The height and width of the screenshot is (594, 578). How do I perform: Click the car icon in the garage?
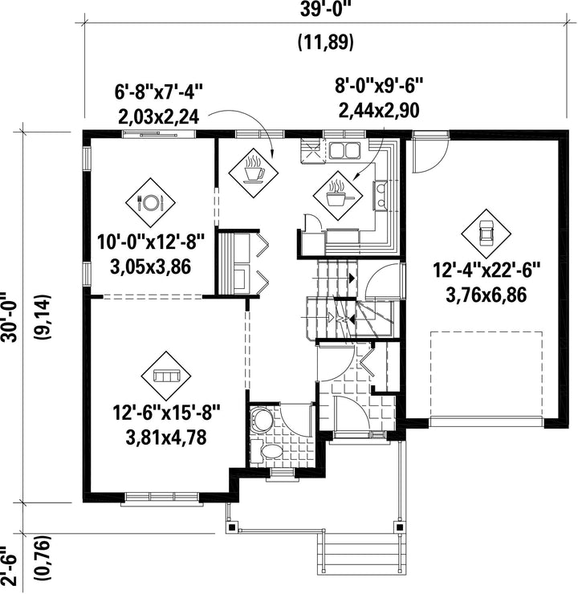[486, 233]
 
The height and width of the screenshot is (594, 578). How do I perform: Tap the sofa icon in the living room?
[166, 376]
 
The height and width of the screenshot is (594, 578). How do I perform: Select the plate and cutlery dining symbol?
[151, 202]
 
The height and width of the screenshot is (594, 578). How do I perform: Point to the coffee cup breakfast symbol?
[253, 173]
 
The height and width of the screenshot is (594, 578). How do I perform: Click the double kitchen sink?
[344, 150]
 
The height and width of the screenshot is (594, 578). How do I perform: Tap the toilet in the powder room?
[268, 451]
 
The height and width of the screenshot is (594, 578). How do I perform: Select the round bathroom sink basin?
[263, 419]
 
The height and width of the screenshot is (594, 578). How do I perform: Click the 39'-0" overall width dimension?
[324, 10]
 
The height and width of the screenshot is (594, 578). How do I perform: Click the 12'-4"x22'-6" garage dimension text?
[486, 271]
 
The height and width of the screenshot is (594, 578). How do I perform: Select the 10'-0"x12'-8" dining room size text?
[151, 242]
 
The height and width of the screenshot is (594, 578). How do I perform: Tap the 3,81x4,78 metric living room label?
[166, 438]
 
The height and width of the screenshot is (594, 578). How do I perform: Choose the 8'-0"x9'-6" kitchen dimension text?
[379, 87]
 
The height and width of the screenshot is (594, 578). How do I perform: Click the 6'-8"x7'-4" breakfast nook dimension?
[159, 92]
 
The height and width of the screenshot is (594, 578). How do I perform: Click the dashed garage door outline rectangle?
[486, 374]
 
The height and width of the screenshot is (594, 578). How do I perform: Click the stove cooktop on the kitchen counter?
[380, 196]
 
